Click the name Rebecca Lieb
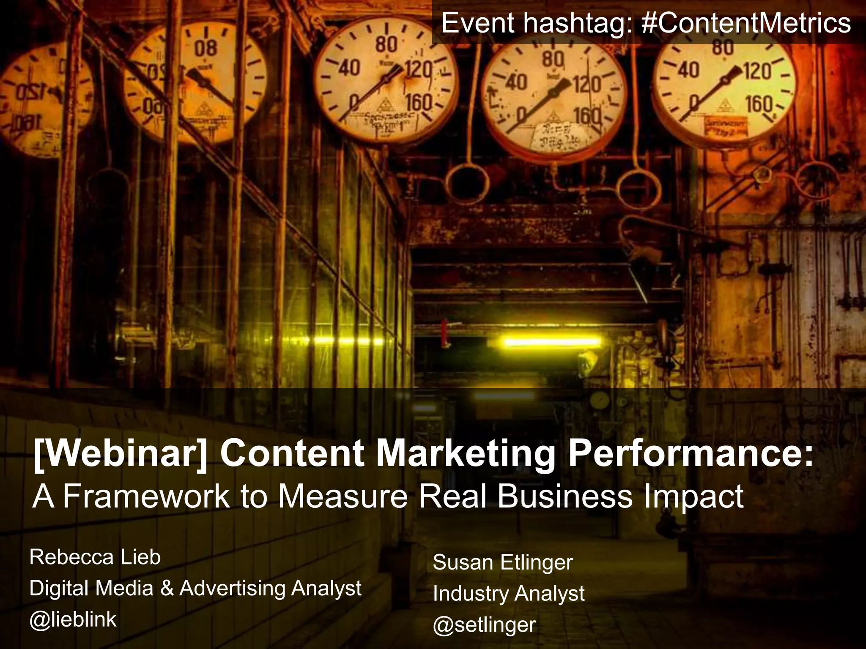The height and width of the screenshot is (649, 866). pyautogui.click(x=95, y=557)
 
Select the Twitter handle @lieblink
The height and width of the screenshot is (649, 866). pyautogui.click(x=73, y=619)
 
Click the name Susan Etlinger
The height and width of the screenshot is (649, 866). pyautogui.click(x=503, y=562)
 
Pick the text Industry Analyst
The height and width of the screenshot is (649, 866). pyautogui.click(x=509, y=594)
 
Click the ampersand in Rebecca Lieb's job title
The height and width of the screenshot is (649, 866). pyautogui.click(x=167, y=588)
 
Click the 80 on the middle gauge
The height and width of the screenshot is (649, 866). pyautogui.click(x=387, y=44)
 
